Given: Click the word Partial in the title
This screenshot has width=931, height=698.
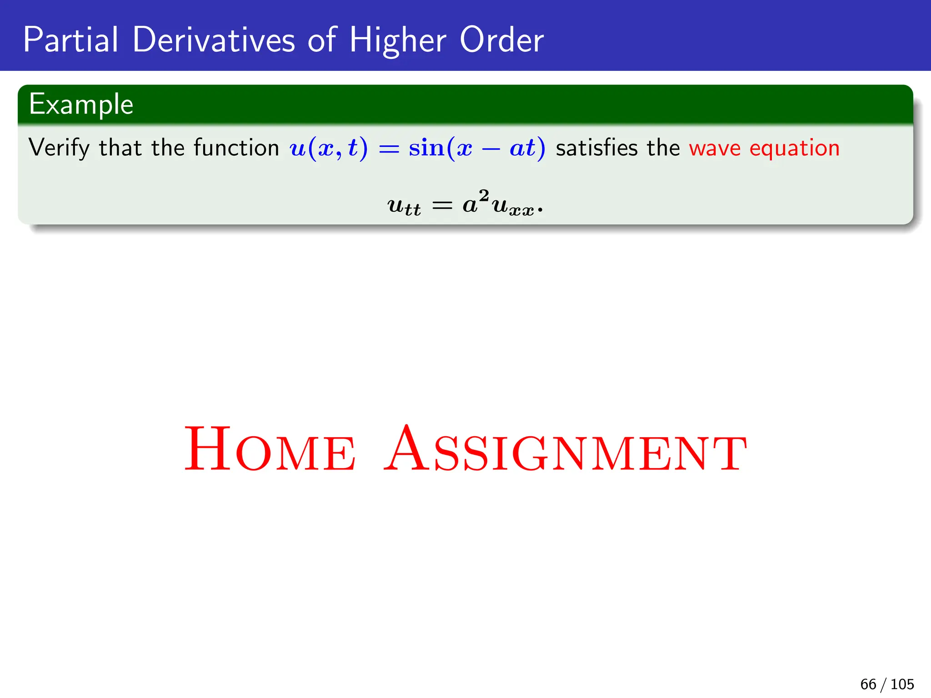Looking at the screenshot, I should [x=70, y=40].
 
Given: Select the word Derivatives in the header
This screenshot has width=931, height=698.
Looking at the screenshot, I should [x=214, y=40].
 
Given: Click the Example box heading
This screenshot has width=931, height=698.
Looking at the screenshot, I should [x=81, y=105].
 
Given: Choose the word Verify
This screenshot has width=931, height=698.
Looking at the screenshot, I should [x=59, y=149].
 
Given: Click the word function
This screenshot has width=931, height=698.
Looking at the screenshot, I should [x=236, y=148].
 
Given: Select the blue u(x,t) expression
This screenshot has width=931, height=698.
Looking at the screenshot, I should [x=328, y=149].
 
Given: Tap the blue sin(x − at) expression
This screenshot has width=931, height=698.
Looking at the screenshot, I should [x=476, y=149].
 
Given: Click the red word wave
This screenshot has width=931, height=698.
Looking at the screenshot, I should [x=715, y=149].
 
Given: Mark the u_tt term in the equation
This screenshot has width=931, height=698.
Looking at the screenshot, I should [x=404, y=206].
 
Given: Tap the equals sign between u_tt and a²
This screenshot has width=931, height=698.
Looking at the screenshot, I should [x=442, y=206].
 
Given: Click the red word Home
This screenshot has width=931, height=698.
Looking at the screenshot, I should [x=270, y=449].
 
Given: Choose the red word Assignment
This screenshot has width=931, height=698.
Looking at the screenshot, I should [x=566, y=449].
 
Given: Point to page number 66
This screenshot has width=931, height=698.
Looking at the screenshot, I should [x=868, y=684].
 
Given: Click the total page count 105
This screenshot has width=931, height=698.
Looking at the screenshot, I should [x=902, y=684].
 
